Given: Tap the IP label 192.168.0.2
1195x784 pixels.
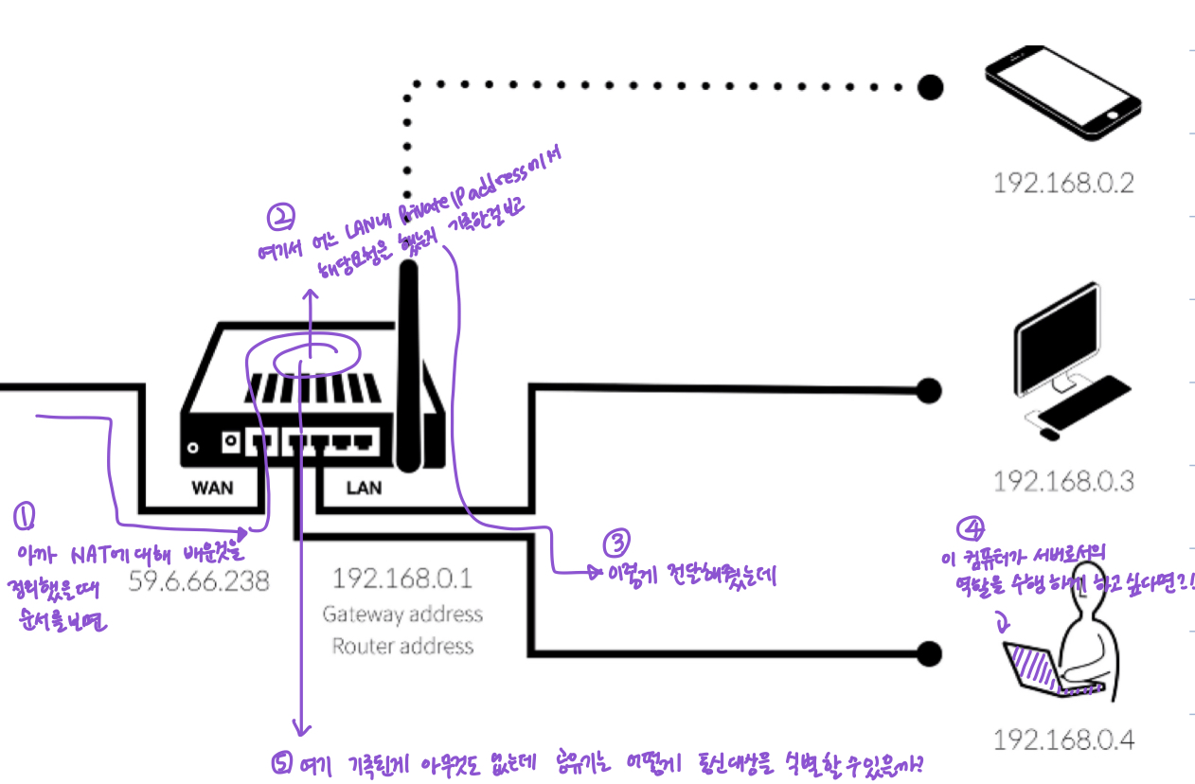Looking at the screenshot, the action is coord(1062,182).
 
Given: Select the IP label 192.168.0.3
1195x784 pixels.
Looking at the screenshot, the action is coord(1062,480).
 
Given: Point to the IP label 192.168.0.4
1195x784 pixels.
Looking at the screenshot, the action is coord(1063,739).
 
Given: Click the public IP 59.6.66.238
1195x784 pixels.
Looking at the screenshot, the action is coord(198,579).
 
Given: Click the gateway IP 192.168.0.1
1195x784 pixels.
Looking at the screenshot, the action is coord(402,578).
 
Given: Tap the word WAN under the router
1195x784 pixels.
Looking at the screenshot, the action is coord(212,489).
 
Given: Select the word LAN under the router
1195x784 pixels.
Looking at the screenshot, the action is coord(364,489).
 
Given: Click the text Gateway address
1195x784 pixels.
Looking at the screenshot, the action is coord(402,614).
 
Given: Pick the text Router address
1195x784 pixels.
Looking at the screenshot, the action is coord(402,647).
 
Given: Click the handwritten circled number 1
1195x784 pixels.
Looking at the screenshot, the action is coord(25,516).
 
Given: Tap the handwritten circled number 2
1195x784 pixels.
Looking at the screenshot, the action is coord(281,220).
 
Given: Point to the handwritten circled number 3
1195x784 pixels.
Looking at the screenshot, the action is coord(615,543).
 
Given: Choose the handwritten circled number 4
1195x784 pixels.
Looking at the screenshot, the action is coord(970,527).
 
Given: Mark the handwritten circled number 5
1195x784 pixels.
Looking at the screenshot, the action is coord(280,763).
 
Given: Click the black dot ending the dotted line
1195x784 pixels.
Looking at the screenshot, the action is coord(931,87).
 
